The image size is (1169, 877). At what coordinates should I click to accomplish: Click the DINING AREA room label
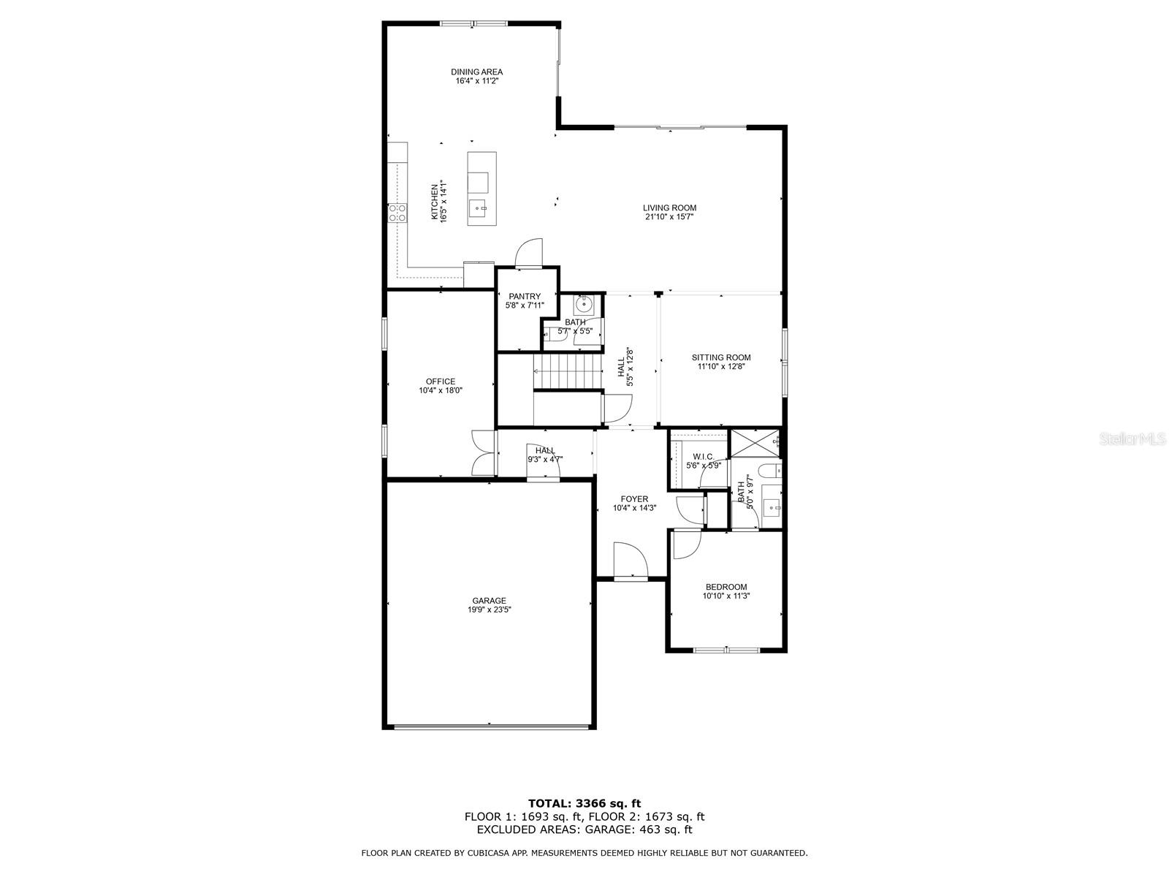point(476,72)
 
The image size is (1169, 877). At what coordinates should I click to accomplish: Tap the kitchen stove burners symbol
point(397,213)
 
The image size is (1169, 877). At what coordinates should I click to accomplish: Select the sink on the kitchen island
point(479,208)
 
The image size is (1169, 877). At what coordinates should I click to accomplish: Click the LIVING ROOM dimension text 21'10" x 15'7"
point(669,217)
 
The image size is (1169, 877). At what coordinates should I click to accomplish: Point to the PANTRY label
point(525,296)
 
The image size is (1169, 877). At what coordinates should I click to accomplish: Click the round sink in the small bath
point(584,303)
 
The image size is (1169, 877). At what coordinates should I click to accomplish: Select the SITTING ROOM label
point(721,357)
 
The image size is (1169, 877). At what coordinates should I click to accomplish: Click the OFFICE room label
point(441,381)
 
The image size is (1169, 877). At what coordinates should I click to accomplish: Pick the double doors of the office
point(482,453)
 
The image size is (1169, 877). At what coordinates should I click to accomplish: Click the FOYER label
point(634,499)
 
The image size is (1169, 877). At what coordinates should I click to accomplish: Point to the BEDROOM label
point(726,587)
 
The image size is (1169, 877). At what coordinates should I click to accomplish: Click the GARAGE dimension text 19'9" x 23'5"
point(489,610)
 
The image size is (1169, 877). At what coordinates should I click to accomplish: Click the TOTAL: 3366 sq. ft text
point(584,803)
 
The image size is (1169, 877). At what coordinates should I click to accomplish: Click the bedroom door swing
point(686,544)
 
